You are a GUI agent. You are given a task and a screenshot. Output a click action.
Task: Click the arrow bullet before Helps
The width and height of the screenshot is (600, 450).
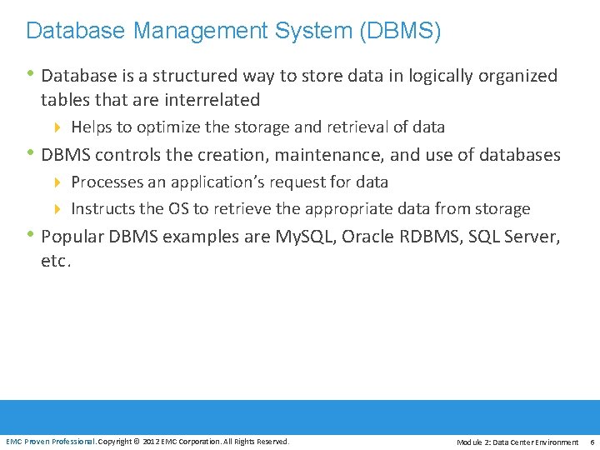pos(58,127)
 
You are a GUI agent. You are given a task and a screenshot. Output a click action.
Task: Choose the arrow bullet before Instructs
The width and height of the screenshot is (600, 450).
pos(58,209)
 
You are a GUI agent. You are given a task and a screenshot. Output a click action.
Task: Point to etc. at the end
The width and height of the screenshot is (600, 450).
pos(56,261)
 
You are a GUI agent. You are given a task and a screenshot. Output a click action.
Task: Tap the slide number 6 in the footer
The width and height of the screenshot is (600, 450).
pos(591,442)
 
